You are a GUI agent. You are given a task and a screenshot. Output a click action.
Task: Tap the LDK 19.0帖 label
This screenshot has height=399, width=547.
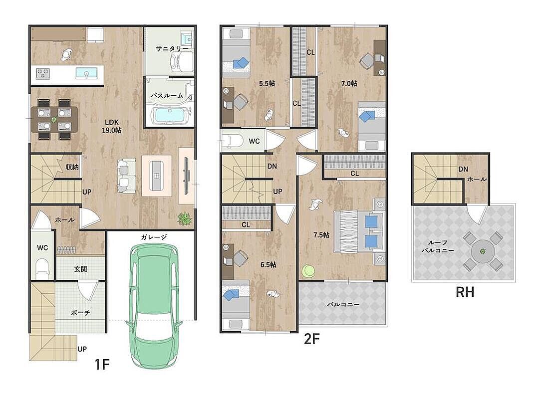tap(112, 127)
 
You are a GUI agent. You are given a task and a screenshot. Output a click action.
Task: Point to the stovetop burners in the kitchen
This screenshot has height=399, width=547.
tap(42, 73)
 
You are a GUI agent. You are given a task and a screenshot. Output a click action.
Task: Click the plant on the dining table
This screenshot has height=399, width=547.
tap(54, 120)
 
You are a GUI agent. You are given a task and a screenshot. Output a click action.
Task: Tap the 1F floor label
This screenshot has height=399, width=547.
tap(102, 365)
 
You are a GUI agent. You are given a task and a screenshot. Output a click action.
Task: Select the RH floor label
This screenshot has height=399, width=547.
tap(465, 292)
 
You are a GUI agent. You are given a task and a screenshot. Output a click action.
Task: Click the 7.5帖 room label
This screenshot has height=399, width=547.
tap(321, 235)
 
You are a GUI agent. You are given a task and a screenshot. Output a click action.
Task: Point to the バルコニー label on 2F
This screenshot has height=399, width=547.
tap(343, 304)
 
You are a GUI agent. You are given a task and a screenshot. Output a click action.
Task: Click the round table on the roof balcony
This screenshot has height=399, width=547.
tap(483, 251)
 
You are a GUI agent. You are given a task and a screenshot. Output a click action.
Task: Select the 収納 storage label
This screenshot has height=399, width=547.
tap(72, 167)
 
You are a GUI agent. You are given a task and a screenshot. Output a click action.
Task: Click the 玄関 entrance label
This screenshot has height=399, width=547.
tap(80, 269)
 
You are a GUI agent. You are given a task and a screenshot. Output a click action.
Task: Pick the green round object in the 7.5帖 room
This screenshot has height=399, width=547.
tap(308, 271)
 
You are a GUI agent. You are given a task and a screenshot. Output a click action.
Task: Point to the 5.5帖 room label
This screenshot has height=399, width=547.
tap(267, 84)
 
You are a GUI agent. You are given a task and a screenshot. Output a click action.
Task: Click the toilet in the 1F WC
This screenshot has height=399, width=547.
tap(42, 267)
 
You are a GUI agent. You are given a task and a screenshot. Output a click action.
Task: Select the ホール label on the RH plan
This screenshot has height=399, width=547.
tap(477, 179)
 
